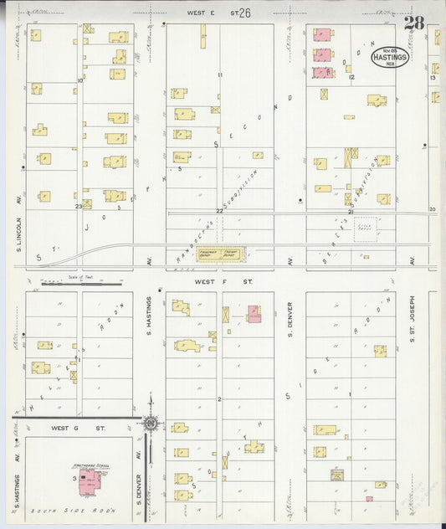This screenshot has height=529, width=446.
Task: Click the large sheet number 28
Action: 413,23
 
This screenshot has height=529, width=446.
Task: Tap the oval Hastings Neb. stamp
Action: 390,56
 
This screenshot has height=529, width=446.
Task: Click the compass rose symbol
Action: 150,423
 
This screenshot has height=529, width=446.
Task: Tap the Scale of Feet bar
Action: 81,283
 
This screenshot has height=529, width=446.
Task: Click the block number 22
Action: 220,211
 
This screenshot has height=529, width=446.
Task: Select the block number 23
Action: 79,206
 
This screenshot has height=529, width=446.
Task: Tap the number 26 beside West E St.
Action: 244,13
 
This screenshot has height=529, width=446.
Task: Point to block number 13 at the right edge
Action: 433,78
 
